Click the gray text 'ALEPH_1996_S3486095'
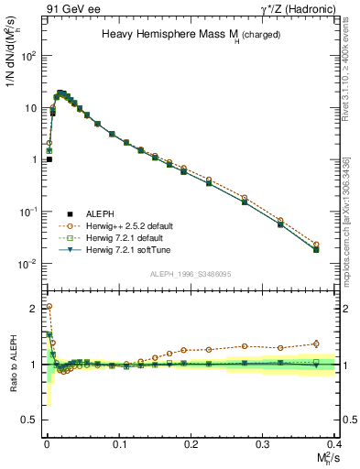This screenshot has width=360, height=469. (191, 274)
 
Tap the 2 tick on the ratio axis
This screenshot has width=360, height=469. (35, 308)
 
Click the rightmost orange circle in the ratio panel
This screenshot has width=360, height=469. (316, 344)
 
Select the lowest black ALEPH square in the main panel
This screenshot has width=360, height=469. (49, 159)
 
